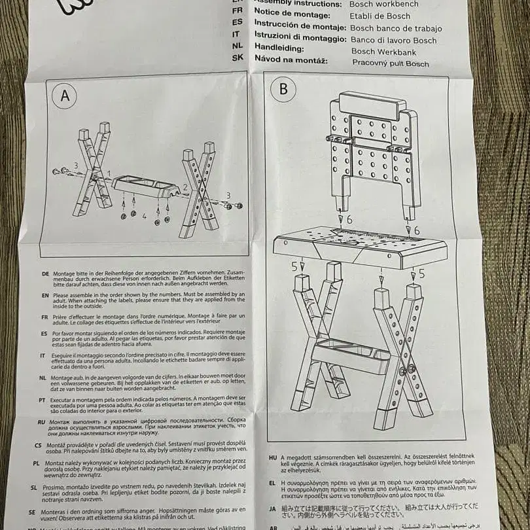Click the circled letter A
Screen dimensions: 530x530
65,96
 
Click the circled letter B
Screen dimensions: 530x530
283,89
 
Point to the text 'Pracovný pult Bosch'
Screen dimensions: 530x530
391,63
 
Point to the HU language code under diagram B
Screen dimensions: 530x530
272,456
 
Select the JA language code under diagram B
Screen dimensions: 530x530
272,508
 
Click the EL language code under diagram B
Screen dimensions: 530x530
272,482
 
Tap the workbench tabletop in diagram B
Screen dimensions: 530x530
360,247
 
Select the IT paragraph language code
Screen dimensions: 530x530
43,355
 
